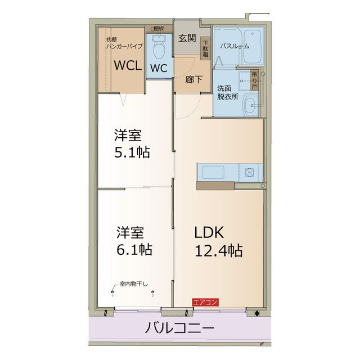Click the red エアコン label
click(x=205, y=302)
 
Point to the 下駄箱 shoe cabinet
click(x=205, y=49)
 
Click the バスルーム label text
click(x=233, y=46)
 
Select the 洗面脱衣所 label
click(x=227, y=92)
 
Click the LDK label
click(x=209, y=232)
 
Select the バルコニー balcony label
click(x=179, y=328)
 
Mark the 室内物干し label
click(x=133, y=283)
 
